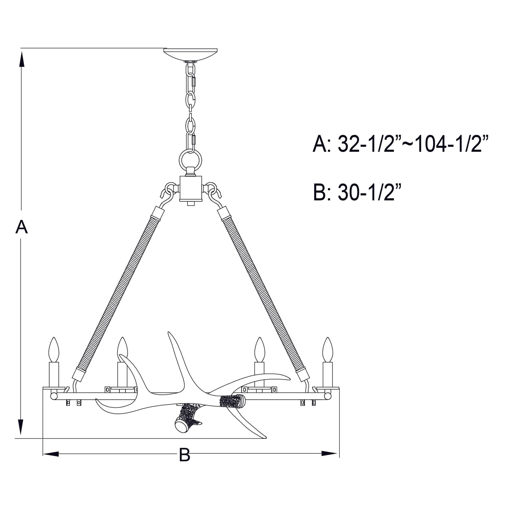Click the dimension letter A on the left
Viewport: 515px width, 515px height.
coord(21,227)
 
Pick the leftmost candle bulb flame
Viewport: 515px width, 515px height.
coord(54,349)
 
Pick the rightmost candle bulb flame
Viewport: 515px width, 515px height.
coord(327,349)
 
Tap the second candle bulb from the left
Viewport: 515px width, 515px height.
coord(123,349)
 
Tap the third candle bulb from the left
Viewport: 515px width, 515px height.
coord(259,349)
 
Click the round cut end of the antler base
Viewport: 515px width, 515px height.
coord(182,426)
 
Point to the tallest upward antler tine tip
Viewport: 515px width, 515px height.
coord(170,335)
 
